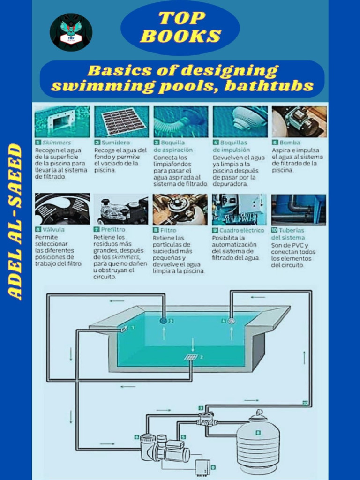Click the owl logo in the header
click(71, 32)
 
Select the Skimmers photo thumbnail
click(62, 121)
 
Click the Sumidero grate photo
click(121, 121)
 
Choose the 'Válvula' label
click(53, 230)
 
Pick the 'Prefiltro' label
click(113, 230)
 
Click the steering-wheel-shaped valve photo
click(62, 209)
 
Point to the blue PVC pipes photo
click(299, 209)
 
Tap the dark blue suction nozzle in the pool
click(164, 321)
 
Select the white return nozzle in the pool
click(231, 321)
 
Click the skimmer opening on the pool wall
click(124, 329)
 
